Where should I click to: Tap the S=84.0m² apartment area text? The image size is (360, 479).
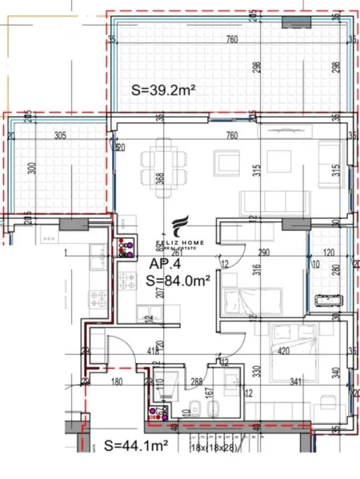click(179, 280)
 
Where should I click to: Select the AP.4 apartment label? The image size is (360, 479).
click(164, 261)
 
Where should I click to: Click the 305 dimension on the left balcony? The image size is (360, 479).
click(60, 136)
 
